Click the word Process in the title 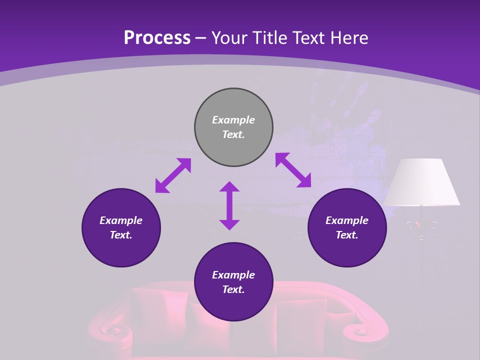[x=157, y=38]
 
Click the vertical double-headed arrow [x=229, y=205]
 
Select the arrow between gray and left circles [x=173, y=175]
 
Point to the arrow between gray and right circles [x=293, y=170]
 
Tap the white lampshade [x=421, y=182]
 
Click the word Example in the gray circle [x=233, y=120]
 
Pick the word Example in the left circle [x=121, y=220]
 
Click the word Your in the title [x=229, y=38]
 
